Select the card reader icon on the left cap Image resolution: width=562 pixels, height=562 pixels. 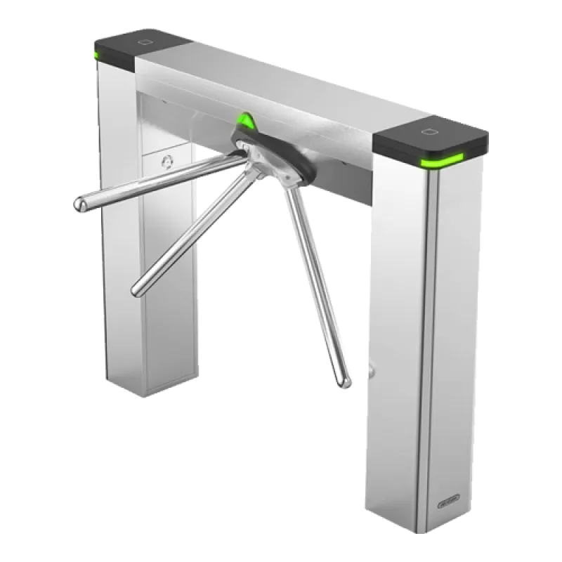(147, 41)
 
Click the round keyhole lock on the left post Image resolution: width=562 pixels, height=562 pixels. (166, 162)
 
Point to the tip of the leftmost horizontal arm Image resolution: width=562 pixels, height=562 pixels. (79, 204)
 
